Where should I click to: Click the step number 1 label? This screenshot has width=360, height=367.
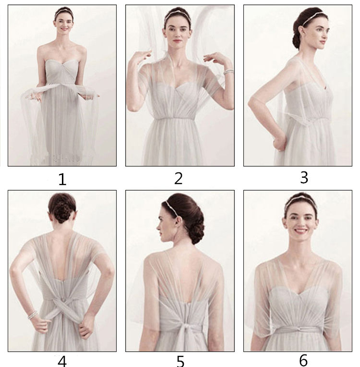pyautogui.click(x=62, y=180)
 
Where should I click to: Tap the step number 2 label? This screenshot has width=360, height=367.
pyautogui.click(x=179, y=178)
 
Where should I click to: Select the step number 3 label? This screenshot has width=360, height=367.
pyautogui.click(x=304, y=177)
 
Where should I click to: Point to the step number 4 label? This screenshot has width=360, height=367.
pyautogui.click(x=62, y=362)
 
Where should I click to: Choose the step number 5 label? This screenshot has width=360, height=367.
pyautogui.click(x=180, y=362)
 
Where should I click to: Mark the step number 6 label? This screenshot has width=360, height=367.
pyautogui.click(x=303, y=360)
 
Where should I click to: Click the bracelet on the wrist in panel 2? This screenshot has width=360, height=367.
pyautogui.click(x=229, y=72)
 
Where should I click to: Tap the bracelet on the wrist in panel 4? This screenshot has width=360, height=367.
pyautogui.click(x=33, y=315)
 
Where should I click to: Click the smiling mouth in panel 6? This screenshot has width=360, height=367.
pyautogui.click(x=300, y=231)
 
